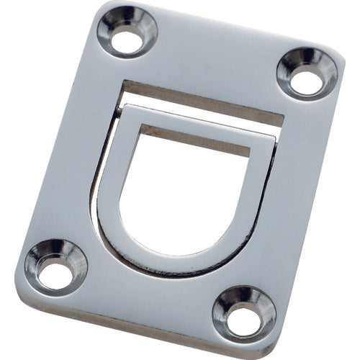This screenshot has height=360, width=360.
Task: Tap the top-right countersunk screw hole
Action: pos(307,73)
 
